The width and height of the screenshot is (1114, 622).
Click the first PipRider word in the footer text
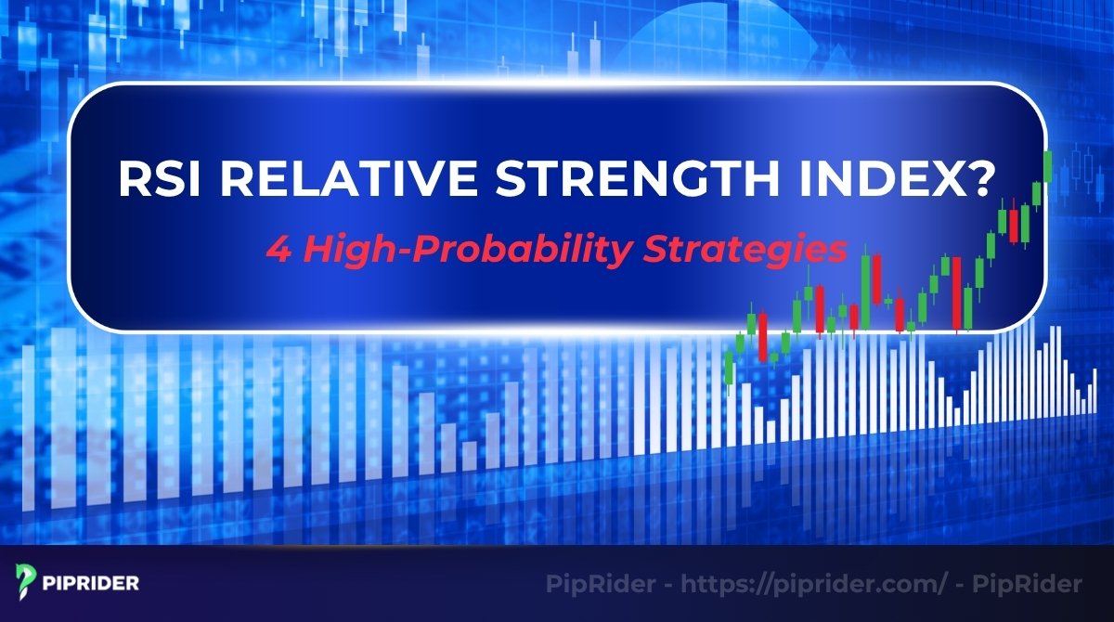[594, 585]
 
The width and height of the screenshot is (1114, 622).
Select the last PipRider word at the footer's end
[1032, 585]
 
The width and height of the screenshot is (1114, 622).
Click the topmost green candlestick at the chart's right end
[1047, 167]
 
